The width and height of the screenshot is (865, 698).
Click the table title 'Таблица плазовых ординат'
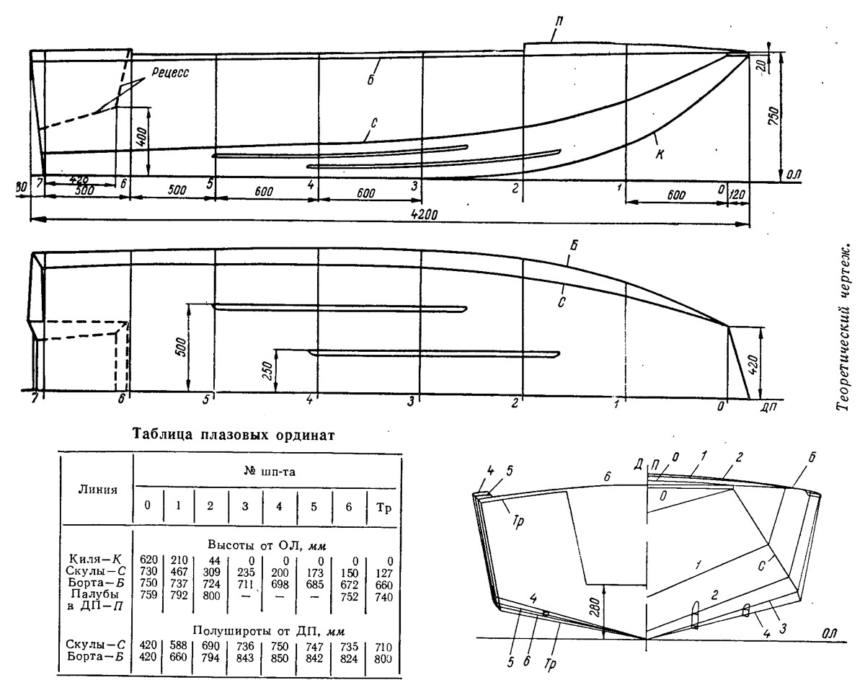coord(234,435)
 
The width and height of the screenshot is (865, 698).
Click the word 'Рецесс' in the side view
coord(170,72)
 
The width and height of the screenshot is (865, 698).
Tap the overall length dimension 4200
coord(425,213)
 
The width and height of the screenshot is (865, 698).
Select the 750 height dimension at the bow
coord(774,116)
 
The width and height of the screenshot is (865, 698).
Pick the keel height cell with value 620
coord(148,560)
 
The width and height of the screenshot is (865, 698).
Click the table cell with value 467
coord(179,571)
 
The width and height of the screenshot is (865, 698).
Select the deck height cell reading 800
coord(211,595)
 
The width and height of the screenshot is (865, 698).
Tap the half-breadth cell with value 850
coord(280,658)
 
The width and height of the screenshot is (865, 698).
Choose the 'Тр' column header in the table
coord(383,508)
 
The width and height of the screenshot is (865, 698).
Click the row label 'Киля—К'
coord(95,560)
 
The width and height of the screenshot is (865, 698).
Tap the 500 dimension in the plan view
coord(181,347)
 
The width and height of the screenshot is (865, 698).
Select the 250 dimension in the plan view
coord(268,371)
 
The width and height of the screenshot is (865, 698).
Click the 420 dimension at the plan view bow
coord(754,364)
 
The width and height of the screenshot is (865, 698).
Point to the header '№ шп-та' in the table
coord(269,472)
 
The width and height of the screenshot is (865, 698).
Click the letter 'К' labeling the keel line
coord(660,154)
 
